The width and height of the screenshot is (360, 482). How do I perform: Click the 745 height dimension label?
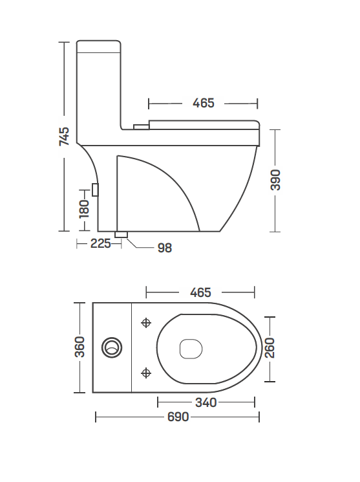tap(64, 137)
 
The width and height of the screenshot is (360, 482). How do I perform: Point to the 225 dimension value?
tap(100, 243)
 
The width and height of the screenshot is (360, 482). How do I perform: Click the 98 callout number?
tap(165, 247)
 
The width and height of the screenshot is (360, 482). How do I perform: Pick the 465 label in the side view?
tap(203, 103)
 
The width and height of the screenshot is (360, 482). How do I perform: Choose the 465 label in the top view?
tap(201, 292)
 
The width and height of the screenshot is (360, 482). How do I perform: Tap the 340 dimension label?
tap(206, 402)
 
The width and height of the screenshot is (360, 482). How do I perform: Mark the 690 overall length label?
tap(178, 417)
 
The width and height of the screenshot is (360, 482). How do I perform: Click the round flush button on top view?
tap(112, 347)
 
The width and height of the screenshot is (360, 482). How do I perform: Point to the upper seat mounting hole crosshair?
tap(146, 322)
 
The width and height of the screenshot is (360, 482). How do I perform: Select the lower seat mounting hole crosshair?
tap(146, 372)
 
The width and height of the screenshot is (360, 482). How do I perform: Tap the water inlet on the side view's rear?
tap(96, 190)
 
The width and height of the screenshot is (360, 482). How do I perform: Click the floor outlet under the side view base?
tap(121, 234)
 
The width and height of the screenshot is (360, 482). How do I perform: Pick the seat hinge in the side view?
tap(140, 127)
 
